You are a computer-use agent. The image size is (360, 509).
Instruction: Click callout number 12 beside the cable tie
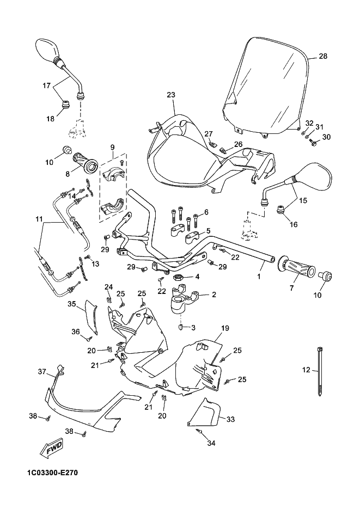306,370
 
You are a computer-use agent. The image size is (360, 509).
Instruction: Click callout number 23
171,95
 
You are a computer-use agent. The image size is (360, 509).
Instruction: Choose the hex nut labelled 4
178,278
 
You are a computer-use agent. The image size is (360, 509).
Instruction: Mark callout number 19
224,328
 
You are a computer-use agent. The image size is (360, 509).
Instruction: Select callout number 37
41,371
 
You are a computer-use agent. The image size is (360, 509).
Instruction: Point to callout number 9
113,147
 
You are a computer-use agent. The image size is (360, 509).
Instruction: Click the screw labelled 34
200,431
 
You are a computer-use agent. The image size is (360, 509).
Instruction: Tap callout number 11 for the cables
39,219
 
